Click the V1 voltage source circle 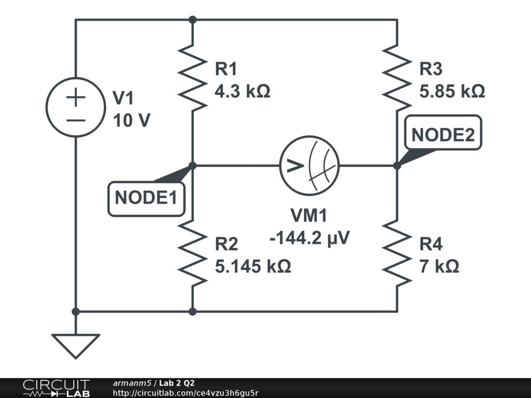pos(76,108)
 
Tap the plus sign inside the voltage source pos(76,97)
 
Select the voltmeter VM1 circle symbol pos(309,166)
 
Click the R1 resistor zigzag pos(192,78)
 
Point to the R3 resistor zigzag pos(397,78)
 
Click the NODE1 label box pos(146,198)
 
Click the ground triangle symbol pos(76,344)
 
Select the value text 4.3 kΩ pos(242,92)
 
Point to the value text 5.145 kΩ pos(253,266)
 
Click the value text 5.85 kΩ pos(452,92)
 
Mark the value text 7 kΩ pos(439,266)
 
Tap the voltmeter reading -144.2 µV pos(310,238)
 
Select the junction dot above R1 pos(192,20)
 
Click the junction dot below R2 pos(192,311)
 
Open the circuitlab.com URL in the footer pos(186,393)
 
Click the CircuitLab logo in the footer pos(56,388)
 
